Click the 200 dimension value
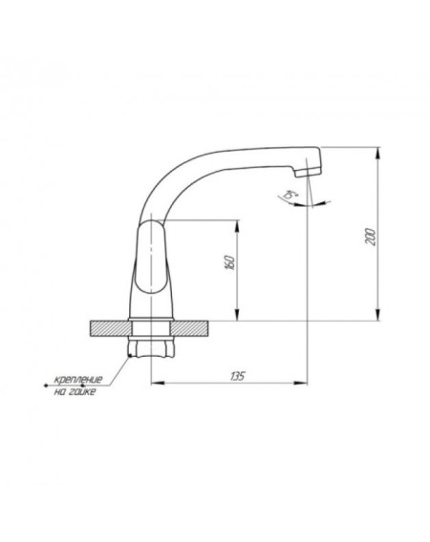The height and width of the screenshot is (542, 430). click(371, 237)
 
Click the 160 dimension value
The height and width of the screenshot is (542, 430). click(229, 263)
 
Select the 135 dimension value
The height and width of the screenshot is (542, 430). click(238, 376)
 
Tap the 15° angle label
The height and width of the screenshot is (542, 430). click(290, 195)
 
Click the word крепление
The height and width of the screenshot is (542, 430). click(78, 380)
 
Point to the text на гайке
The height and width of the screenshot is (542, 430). click(75, 392)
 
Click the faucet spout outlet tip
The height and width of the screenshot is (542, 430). click(307, 174)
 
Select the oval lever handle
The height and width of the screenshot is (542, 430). click(152, 258)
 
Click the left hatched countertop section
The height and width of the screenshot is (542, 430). click(111, 328)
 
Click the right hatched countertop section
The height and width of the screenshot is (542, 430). click(190, 328)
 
